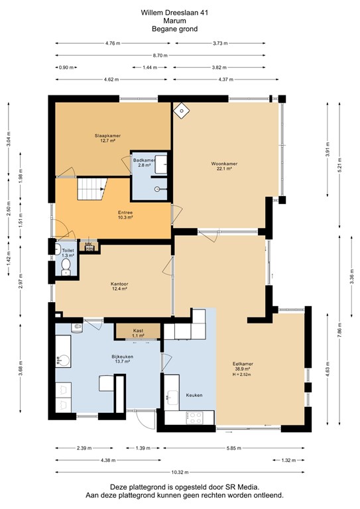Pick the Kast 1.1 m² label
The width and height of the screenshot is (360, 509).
[x=138, y=333]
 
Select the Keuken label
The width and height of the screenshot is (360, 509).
[x=194, y=395]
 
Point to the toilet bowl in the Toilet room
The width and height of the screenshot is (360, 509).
[x=65, y=266]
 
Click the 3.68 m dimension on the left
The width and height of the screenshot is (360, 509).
[x=21, y=371]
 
